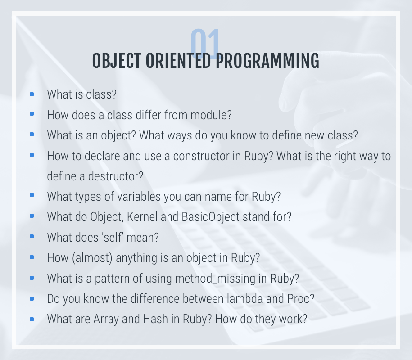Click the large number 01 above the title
click(x=205, y=43)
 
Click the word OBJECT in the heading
click(x=117, y=61)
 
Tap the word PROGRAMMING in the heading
click(x=267, y=61)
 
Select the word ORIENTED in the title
click(x=178, y=61)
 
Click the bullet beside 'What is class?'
click(x=32, y=94)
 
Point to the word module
click(x=211, y=115)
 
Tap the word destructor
click(x=116, y=176)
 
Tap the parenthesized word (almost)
click(x=92, y=257)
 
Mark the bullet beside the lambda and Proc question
click(x=32, y=298)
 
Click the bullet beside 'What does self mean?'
click(x=32, y=237)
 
